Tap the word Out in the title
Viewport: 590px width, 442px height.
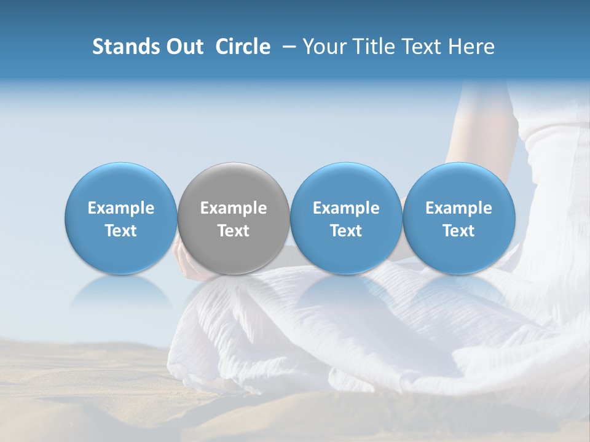[x=183, y=47]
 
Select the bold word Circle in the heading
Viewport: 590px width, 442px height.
[x=243, y=47]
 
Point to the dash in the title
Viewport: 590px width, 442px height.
[x=288, y=47]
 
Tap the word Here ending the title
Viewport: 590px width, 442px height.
[x=472, y=47]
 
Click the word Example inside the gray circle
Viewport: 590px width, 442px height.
[x=234, y=208]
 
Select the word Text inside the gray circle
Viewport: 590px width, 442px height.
[x=234, y=231]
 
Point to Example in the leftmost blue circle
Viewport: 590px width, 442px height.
[x=120, y=208]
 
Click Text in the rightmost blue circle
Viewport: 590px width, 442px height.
[x=459, y=231]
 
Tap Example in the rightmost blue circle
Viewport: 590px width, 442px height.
[x=459, y=208]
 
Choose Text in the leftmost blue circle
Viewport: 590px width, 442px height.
[x=120, y=231]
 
